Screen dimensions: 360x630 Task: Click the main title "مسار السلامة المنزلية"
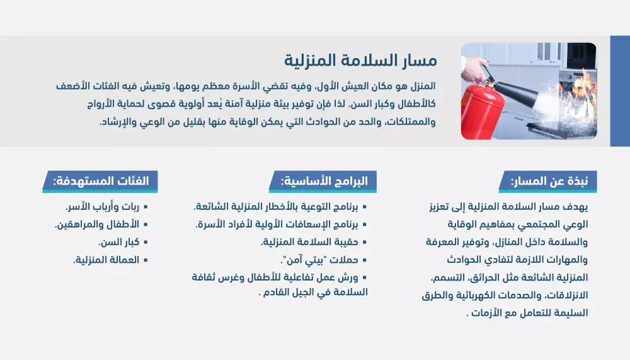pyautogui.click(x=360, y=61)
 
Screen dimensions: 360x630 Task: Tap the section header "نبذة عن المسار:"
pyautogui.click(x=549, y=182)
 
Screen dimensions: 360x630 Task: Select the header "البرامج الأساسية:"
pyautogui.click(x=321, y=182)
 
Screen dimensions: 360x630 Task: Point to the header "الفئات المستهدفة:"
pyautogui.click(x=101, y=182)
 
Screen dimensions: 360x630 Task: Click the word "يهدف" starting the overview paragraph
pyautogui.click(x=575, y=206)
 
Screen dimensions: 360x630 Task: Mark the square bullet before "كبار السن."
pyautogui.click(x=146, y=242)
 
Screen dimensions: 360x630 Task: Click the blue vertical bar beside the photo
pyautogui.click(x=619, y=91)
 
